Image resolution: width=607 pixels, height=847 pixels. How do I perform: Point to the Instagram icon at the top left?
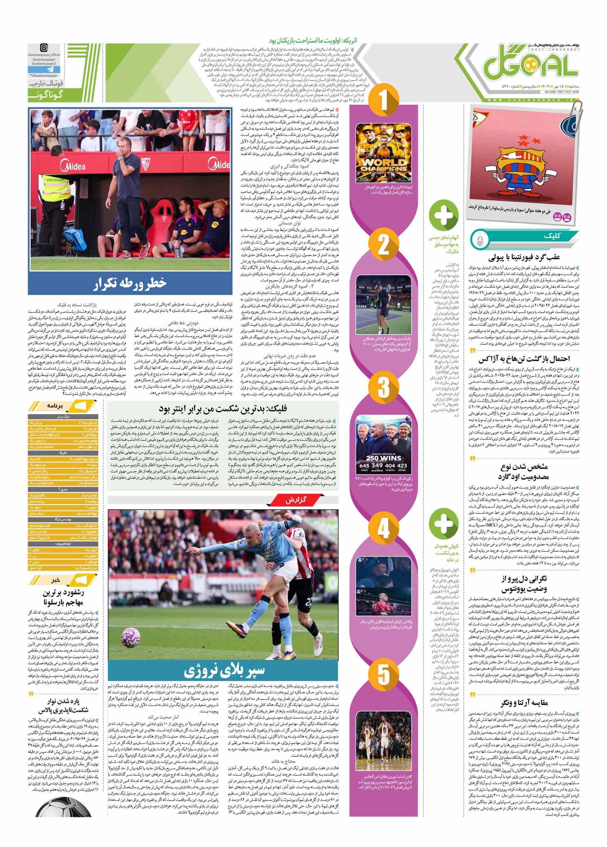(44, 48)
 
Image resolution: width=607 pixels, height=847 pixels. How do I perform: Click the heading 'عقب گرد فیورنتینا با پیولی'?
(524, 257)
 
